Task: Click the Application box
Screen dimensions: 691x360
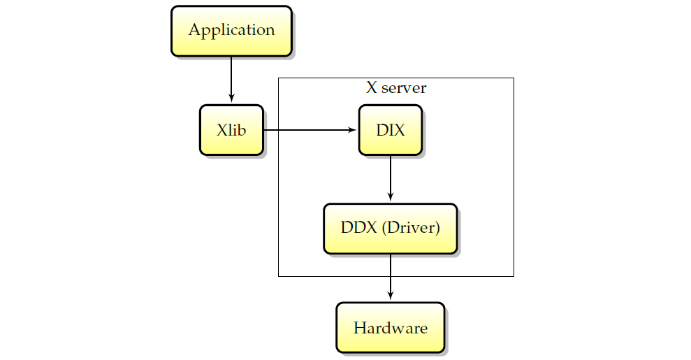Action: [231, 31]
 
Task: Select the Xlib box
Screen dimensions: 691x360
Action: [231, 130]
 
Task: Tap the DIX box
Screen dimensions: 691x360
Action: [391, 130]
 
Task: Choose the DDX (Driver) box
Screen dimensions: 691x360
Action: [391, 229]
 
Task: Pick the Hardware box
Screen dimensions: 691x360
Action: [391, 327]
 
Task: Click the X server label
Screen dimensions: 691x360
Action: [396, 87]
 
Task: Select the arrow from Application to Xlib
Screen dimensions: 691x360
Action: [231, 79]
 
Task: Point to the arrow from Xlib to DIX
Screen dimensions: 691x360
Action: [310, 130]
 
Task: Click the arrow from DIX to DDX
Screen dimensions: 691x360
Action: [391, 178]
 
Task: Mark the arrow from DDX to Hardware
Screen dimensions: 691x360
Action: [391, 277]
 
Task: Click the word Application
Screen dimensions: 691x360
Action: [232, 30]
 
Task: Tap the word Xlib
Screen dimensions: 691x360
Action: [231, 130]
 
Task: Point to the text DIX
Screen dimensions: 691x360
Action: [391, 130]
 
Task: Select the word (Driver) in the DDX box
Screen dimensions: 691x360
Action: [411, 228]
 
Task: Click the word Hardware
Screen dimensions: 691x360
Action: [391, 328]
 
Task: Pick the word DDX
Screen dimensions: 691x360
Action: [359, 228]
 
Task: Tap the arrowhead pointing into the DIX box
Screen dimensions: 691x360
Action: [352, 130]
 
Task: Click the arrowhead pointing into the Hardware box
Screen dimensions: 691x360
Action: [391, 296]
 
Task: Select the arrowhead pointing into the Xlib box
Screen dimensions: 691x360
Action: [231, 99]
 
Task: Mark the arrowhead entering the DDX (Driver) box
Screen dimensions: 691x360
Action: [391, 197]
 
